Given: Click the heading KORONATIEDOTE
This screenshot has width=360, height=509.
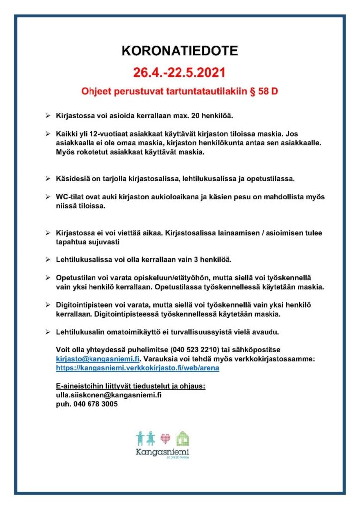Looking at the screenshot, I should (180, 51).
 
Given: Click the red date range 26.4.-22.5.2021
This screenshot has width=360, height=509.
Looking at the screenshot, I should (180, 73).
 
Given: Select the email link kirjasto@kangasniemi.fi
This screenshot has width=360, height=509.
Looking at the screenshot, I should (98, 359).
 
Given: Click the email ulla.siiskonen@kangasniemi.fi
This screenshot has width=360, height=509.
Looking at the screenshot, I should (109, 396).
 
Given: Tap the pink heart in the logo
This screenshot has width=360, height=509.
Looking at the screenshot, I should (166, 439).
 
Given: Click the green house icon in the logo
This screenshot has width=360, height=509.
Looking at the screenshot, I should (183, 438).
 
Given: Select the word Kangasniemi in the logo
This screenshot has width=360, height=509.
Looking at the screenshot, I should (162, 453).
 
